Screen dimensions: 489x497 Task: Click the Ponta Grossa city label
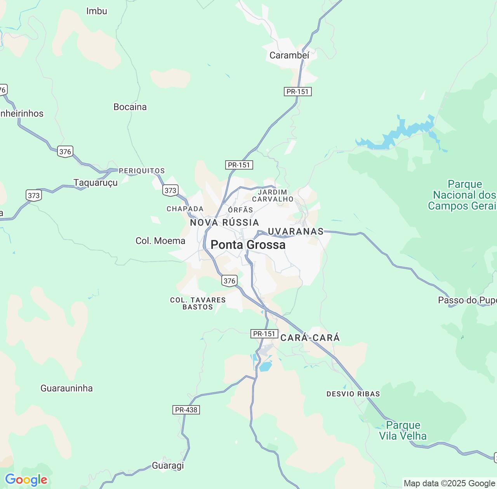coord(248,245)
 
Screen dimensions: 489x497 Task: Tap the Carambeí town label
coord(289,55)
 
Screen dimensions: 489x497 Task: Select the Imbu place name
coord(97,11)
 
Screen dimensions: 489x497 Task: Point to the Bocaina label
coord(130,107)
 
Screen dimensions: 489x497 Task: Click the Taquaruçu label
coord(96,183)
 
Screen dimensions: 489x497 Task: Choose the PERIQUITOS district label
coord(142,171)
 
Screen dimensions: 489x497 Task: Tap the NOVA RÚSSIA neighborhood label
coord(224,223)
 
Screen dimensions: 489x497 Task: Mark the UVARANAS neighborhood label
coord(295,232)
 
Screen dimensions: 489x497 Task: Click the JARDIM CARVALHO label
coord(273,196)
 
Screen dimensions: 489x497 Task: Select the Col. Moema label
coord(160,241)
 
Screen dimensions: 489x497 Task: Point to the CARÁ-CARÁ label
coord(310,338)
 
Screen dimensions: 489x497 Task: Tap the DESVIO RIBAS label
coord(353,394)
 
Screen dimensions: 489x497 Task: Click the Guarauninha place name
coord(67,388)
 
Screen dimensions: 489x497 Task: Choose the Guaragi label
coord(168,466)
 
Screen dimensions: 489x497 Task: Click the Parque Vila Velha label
coord(403,431)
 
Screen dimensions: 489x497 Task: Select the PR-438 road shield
coord(186,410)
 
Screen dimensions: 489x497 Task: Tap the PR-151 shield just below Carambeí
coord(297,92)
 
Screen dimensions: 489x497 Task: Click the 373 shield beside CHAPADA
coord(170,190)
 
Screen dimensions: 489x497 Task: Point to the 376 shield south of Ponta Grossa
coord(229,281)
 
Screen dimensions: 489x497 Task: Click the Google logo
coord(26,480)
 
